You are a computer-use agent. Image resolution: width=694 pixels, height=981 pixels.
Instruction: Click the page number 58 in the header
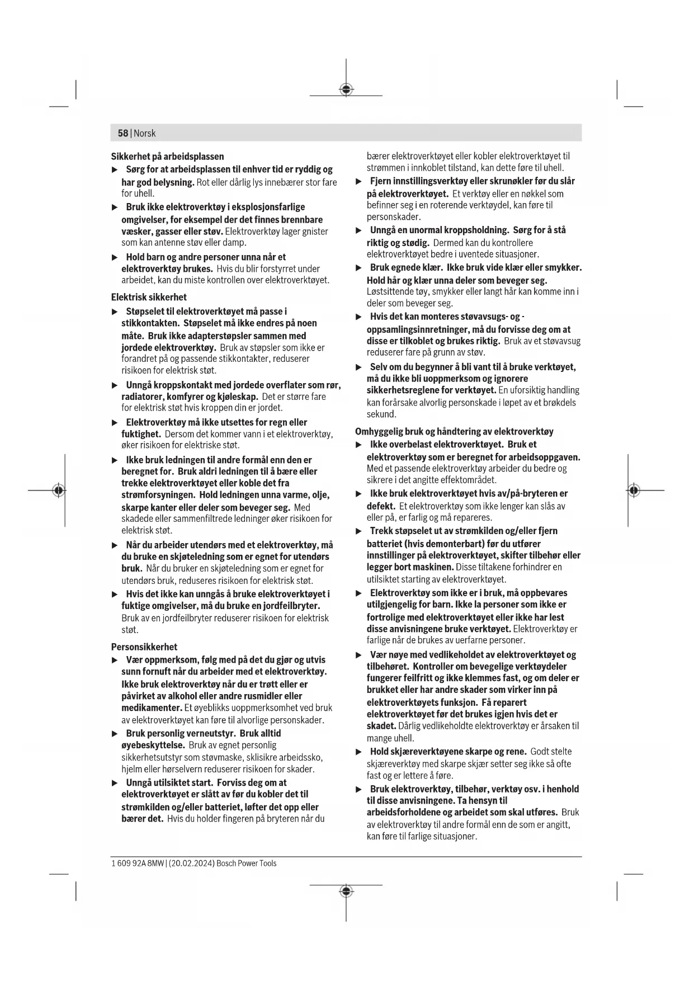coord(122,133)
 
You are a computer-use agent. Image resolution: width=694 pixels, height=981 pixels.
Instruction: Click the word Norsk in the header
coord(145,133)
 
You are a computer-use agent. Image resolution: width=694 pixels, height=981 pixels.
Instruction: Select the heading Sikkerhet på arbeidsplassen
coord(167,157)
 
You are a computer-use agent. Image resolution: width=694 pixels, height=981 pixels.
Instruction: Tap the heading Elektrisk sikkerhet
coord(149,297)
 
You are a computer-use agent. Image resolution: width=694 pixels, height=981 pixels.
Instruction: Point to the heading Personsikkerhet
coord(144,647)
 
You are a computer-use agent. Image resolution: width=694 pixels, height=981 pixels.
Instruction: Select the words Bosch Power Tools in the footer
coord(247,863)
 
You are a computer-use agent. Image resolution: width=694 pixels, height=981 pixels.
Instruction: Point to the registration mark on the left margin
coord(58,490)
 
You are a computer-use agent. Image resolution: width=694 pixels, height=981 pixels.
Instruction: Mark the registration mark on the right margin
coord(633,490)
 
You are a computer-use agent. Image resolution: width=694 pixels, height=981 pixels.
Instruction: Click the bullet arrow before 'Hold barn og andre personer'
coord(115,257)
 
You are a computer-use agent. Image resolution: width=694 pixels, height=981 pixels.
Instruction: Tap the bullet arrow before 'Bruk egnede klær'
coord(359,268)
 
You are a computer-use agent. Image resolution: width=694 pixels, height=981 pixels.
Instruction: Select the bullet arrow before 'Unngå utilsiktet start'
coord(115,783)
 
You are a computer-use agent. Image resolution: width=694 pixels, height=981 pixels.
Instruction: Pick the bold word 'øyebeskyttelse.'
coord(153,745)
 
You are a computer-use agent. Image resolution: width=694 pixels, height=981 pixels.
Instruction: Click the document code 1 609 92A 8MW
coord(138,863)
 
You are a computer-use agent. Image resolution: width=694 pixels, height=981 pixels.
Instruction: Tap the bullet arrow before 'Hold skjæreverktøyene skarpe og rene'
coord(359,752)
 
